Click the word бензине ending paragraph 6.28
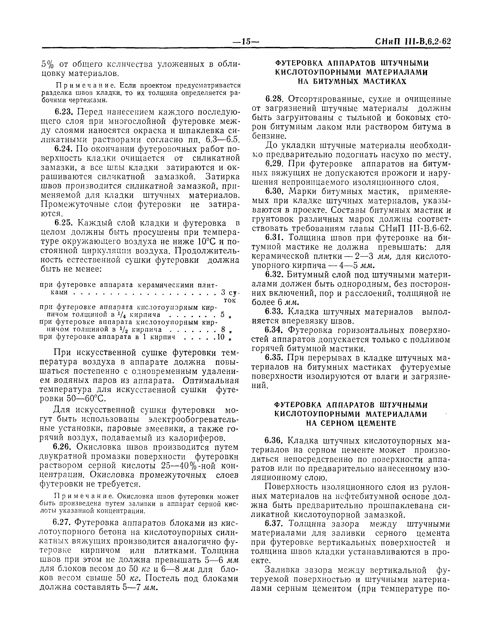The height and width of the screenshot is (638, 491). coord(269,136)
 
